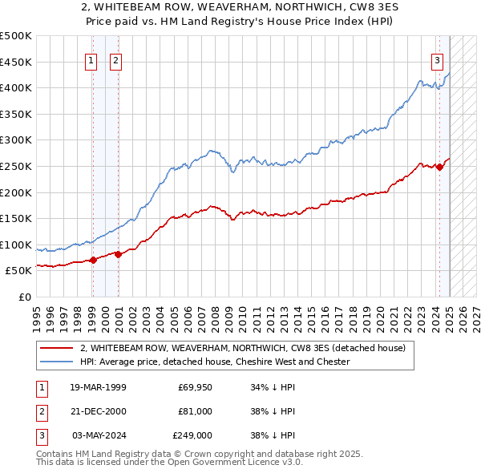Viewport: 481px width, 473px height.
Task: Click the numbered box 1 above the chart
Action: pyautogui.click(x=91, y=59)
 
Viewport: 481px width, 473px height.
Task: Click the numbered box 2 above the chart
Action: pyautogui.click(x=115, y=59)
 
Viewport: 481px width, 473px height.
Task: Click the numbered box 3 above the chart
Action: pyautogui.click(x=437, y=59)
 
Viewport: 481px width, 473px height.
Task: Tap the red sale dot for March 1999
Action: pyautogui.click(x=93, y=260)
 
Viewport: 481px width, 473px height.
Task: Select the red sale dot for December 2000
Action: pyautogui.click(x=118, y=254)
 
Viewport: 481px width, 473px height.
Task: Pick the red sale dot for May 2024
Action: pyautogui.click(x=439, y=167)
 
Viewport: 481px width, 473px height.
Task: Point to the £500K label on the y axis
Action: pyautogui.click(x=16, y=36)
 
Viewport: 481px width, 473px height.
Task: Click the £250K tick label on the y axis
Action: pyautogui.click(x=16, y=166)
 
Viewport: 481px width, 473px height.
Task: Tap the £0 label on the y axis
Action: pyautogui.click(x=26, y=297)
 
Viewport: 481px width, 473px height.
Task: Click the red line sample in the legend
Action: pyautogui.click(x=56, y=349)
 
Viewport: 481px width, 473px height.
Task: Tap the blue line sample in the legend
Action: pyautogui.click(x=56, y=362)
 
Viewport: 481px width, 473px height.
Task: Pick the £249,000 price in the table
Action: pyautogui.click(x=192, y=435)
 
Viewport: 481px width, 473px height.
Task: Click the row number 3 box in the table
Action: pyautogui.click(x=40, y=435)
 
